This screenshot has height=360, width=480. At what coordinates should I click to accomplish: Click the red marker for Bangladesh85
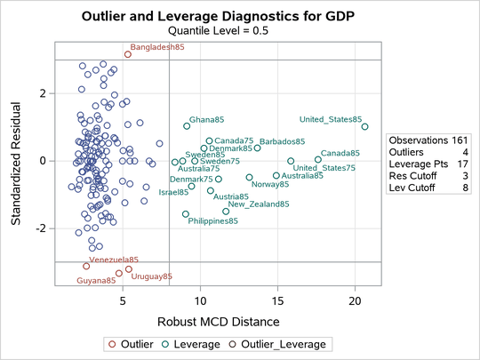[x=128, y=54]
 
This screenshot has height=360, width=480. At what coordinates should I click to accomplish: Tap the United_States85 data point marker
[x=364, y=127]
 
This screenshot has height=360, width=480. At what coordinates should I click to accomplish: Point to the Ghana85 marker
[x=187, y=126]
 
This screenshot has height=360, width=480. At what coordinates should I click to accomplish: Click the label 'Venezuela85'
[x=114, y=260]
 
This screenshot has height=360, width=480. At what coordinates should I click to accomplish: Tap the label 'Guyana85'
[x=96, y=281]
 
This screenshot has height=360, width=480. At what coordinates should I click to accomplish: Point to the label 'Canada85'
[x=340, y=154]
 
